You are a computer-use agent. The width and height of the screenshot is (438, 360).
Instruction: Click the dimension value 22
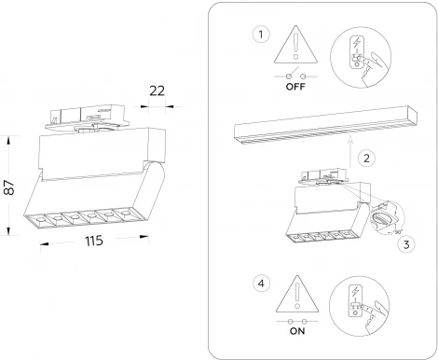[x=157, y=90]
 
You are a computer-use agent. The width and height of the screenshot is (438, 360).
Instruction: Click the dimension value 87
[x=9, y=187]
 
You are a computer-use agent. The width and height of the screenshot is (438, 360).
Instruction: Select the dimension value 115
[x=94, y=241]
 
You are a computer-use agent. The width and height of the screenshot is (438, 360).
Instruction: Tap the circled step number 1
[x=261, y=35]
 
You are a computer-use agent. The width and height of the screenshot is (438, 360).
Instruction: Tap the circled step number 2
[x=366, y=159]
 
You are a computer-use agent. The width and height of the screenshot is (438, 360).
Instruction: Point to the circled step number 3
[x=406, y=244]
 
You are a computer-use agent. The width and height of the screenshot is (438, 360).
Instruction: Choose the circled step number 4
[x=261, y=284]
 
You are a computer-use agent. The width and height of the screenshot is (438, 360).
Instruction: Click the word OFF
[x=295, y=87]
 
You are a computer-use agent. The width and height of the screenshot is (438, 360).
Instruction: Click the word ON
[x=297, y=331]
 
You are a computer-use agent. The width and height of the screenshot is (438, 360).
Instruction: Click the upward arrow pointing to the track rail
[x=350, y=152]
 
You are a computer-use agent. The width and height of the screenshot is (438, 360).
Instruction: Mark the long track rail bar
[x=325, y=125]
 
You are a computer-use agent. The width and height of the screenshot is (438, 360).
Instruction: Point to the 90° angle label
[x=399, y=232]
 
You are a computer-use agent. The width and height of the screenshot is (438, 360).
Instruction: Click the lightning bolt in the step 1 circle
[x=356, y=43]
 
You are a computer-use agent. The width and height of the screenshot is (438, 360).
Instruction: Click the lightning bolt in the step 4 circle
[x=355, y=292]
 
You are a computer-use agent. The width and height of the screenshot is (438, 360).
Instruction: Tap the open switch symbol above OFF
[x=295, y=75]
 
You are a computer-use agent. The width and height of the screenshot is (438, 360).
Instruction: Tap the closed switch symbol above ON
[x=297, y=322]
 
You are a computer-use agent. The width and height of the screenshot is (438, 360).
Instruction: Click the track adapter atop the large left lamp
[x=87, y=118]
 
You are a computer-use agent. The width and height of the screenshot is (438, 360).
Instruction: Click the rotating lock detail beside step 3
[x=387, y=216]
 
